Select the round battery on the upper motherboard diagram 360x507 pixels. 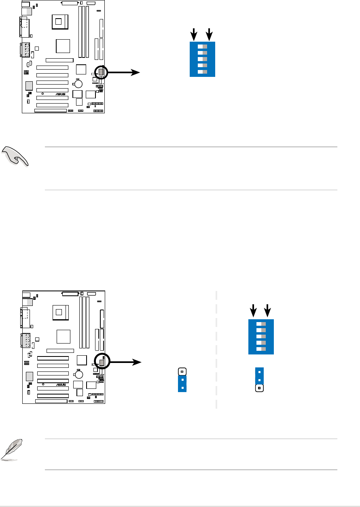pyautogui.click(x=78, y=84)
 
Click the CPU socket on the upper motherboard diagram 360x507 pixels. pyautogui.click(x=59, y=21)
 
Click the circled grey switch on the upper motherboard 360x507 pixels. pyautogui.click(x=101, y=72)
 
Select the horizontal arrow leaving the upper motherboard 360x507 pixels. pyautogui.click(x=123, y=72)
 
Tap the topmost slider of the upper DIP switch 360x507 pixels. pyautogui.click(x=202, y=46)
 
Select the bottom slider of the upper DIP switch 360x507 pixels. pyautogui.click(x=202, y=72)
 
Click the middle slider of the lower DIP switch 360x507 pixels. pyautogui.click(x=261, y=336)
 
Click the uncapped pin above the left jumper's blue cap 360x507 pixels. pyautogui.click(x=182, y=371)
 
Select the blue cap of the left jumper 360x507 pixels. pyautogui.click(x=182, y=384)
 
